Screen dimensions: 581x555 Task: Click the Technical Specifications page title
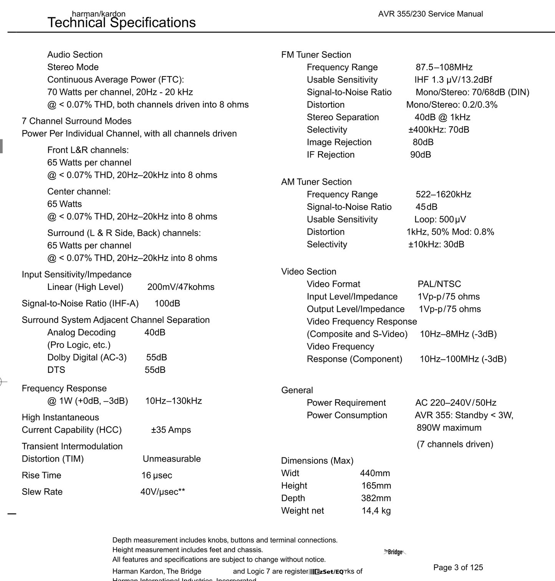[121, 23]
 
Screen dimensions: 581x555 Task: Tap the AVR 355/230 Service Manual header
[430, 14]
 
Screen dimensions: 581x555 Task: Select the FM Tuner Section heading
[316, 55]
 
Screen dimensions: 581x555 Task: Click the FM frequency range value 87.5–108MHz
[444, 68]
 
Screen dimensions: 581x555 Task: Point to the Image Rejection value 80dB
[423, 142]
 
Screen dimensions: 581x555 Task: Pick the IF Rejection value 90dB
[421, 155]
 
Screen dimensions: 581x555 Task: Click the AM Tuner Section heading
[316, 182]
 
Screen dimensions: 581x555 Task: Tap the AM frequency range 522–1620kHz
[443, 195]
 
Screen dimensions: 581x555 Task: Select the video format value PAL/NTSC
[439, 284]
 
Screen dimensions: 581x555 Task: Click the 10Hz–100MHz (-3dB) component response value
[463, 359]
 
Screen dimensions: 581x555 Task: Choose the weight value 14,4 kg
[376, 511]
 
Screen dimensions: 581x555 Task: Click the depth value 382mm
[376, 498]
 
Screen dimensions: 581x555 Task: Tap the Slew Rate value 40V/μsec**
[162, 492]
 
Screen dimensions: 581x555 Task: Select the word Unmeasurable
[172, 459]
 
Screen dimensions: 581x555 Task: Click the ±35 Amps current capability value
[171, 430]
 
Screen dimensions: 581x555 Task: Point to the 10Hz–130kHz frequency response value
[173, 401]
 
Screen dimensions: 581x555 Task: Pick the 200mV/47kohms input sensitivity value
[181, 287]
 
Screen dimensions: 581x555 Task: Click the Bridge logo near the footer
[395, 552]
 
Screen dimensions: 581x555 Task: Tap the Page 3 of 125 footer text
[458, 568]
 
